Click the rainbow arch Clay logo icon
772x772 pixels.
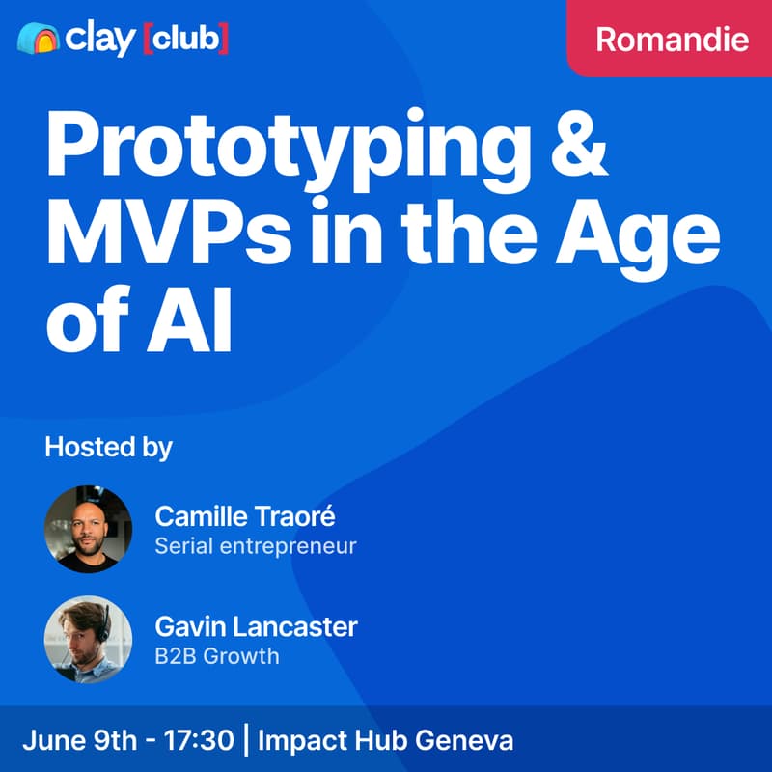pyautogui.click(x=39, y=40)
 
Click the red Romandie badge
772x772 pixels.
pyautogui.click(x=672, y=39)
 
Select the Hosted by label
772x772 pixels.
pyautogui.click(x=108, y=448)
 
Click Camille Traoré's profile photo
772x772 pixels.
pyautogui.click(x=88, y=530)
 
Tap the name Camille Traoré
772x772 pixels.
pyautogui.click(x=245, y=516)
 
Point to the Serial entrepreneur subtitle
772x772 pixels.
pyautogui.click(x=256, y=546)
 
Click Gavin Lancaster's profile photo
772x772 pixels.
pyautogui.click(x=88, y=639)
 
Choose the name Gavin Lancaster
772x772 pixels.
pyautogui.click(x=256, y=626)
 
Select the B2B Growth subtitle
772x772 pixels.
pyautogui.click(x=216, y=656)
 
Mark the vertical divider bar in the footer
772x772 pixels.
pyautogui.click(x=247, y=741)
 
